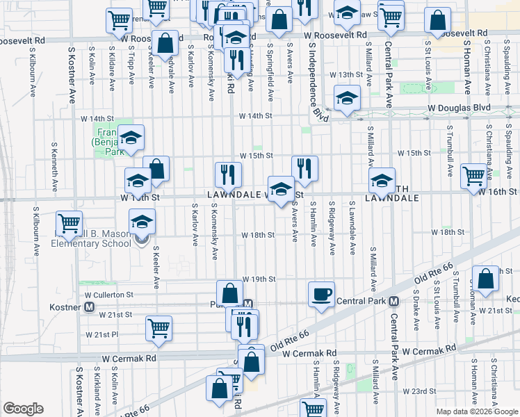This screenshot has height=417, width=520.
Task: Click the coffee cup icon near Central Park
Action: click(x=321, y=294)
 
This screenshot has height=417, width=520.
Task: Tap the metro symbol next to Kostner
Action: click(x=89, y=306)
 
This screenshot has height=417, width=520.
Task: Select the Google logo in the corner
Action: click(x=23, y=409)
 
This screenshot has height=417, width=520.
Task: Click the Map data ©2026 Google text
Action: click(x=477, y=411)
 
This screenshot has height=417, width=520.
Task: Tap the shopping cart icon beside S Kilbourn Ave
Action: click(x=70, y=224)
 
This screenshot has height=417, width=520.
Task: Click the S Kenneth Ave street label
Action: click(x=54, y=167)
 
